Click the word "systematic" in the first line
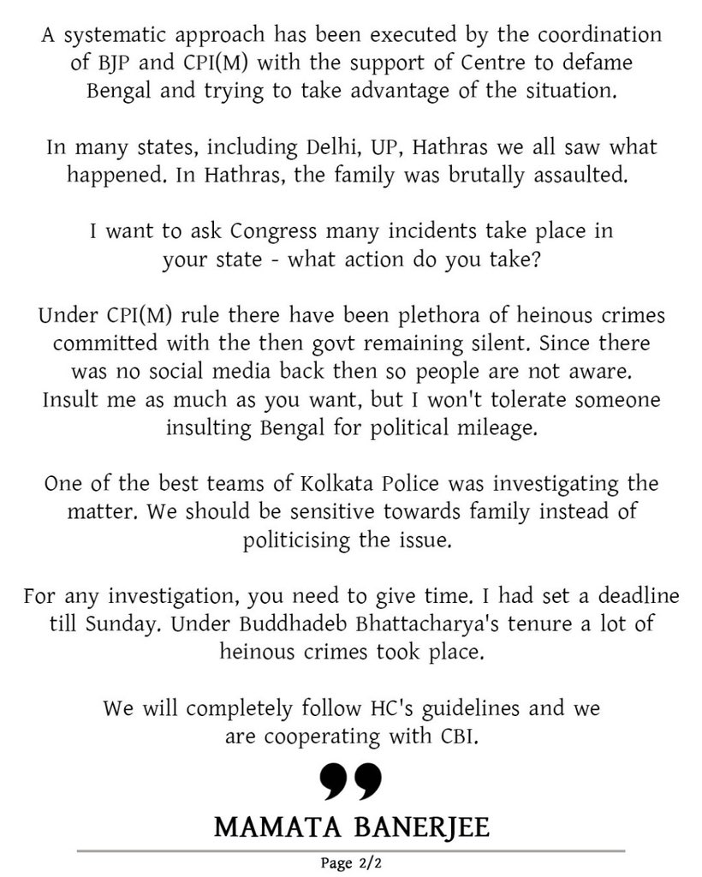click(107, 37)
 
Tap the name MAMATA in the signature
click(267, 828)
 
